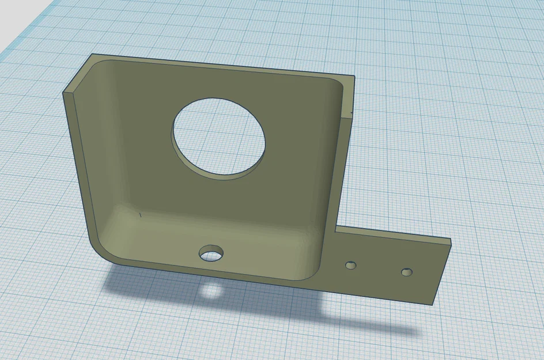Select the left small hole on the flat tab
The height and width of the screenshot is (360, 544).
pos(350,265)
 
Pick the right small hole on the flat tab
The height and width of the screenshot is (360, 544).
pos(407,271)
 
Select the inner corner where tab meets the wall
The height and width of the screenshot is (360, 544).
pos(335,228)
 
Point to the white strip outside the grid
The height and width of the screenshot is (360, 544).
pos(17,23)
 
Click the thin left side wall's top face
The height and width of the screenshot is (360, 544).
pos(75,161)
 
